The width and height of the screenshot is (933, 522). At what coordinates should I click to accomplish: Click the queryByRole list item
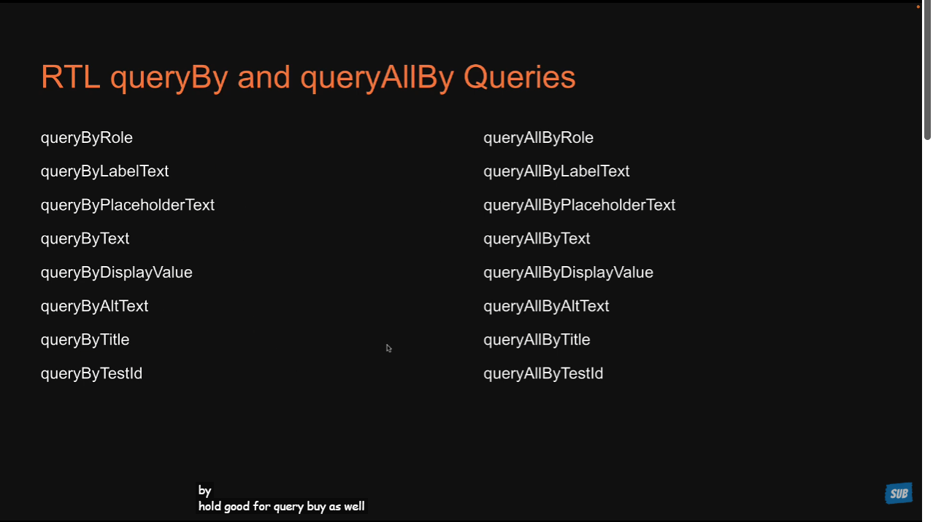87,138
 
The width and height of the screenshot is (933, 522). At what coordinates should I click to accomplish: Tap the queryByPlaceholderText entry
128,206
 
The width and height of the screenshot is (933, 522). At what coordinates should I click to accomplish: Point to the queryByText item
85,239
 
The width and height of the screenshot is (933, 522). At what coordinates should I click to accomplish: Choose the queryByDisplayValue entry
117,273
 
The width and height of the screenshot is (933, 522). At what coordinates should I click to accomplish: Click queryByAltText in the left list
95,306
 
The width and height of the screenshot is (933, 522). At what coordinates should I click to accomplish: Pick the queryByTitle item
85,340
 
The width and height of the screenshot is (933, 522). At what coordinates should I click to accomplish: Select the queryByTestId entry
92,374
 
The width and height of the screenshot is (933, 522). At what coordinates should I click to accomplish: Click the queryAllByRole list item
538,138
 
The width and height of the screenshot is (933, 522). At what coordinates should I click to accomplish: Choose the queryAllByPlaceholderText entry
580,206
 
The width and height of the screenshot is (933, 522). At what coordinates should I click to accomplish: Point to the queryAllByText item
537,239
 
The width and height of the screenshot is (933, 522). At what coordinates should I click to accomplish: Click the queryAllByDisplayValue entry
568,273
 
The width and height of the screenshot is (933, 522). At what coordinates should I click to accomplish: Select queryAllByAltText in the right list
546,306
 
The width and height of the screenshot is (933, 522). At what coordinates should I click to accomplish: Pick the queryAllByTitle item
537,340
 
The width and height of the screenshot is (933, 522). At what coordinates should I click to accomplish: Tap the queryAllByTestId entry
543,374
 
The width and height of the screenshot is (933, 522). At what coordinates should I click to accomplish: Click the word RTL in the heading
71,77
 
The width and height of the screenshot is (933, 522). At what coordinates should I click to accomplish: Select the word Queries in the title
519,78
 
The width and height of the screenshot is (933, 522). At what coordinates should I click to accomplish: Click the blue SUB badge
899,494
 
